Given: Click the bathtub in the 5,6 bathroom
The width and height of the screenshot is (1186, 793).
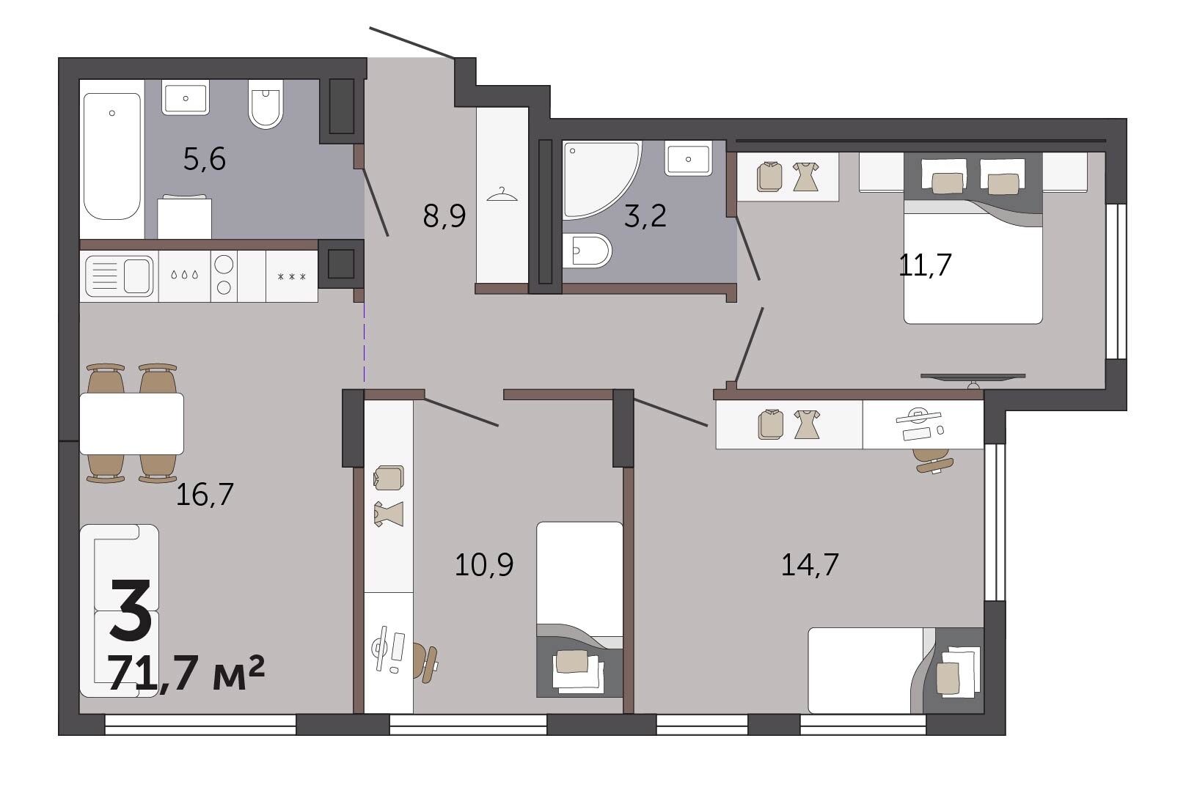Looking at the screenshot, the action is (x=111, y=157).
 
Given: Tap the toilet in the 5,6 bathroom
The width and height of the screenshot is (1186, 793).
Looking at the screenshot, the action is (x=266, y=104).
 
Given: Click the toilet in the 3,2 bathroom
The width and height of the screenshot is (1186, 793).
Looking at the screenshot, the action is (x=587, y=251).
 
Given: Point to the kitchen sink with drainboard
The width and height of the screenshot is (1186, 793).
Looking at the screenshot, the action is (x=119, y=276).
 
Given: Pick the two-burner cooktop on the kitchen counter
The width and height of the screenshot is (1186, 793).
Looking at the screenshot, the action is (x=224, y=275).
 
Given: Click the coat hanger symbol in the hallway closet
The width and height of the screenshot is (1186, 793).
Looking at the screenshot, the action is (x=502, y=195).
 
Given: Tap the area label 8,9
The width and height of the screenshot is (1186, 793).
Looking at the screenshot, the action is (x=444, y=216).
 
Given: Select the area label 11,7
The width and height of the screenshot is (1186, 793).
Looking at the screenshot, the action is (x=925, y=265).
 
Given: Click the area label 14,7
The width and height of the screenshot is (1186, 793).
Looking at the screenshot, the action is (x=810, y=564).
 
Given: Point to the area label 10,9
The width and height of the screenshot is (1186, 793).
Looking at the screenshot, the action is (x=484, y=564).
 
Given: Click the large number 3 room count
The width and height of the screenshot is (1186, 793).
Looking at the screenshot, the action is (x=131, y=608).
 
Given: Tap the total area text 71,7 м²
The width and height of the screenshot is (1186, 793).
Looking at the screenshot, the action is (x=186, y=672).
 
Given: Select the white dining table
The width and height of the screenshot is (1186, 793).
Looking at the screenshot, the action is (x=132, y=423).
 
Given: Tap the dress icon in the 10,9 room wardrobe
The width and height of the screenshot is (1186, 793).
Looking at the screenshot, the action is (x=389, y=514).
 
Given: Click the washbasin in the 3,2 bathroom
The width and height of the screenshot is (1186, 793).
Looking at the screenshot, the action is (x=688, y=159).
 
